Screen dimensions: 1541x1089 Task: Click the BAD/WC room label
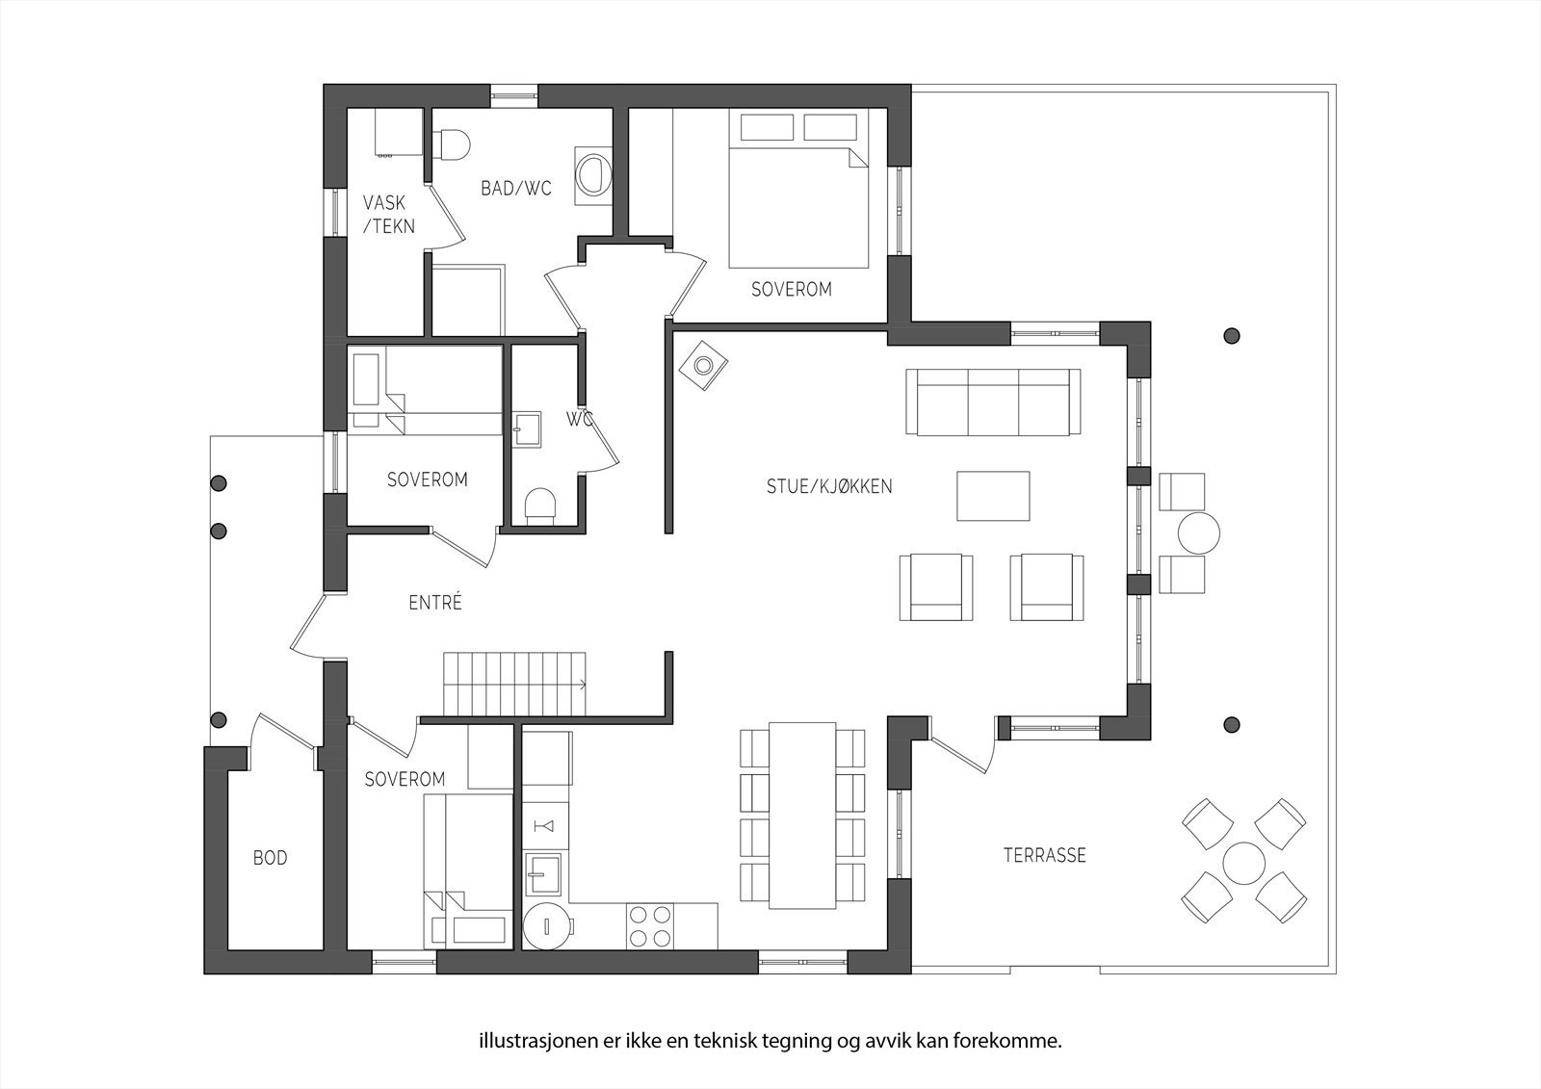516,188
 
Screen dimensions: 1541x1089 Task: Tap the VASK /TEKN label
389,214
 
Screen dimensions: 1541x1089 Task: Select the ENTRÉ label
434,603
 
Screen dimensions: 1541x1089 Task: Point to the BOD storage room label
271,858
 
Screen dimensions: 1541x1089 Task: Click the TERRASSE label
1044,855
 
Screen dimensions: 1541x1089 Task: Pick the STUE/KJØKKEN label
829,486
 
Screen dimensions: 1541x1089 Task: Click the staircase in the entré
514,684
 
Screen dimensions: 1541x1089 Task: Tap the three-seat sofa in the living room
993,402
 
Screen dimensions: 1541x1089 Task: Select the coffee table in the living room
993,495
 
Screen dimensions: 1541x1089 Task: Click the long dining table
802,816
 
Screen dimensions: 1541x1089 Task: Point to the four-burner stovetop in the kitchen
650,926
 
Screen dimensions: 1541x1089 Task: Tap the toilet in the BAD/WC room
451,145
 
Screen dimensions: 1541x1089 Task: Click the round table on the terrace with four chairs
1243,863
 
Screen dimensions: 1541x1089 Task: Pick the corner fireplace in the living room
703,366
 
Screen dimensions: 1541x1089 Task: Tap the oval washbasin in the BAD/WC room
592,175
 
